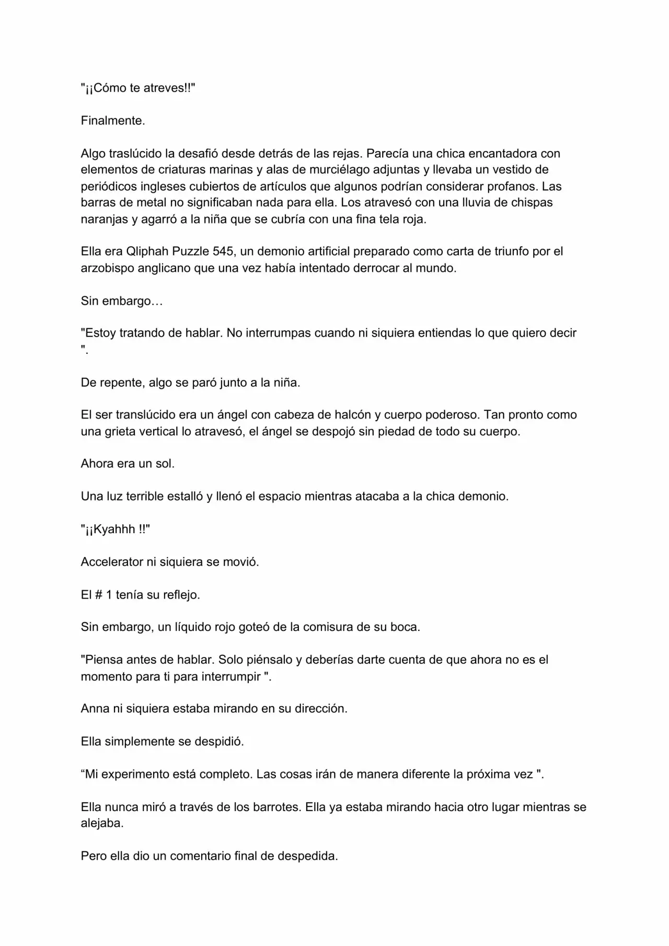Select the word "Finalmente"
(112, 121)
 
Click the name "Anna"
(95, 709)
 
